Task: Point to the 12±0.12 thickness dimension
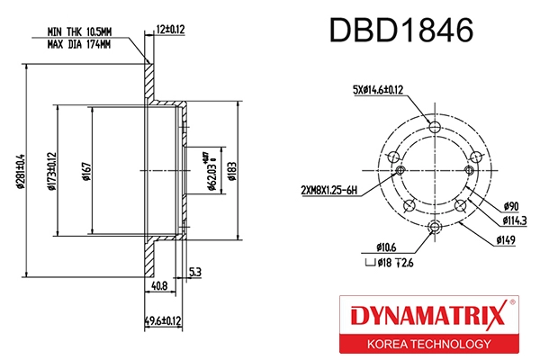coord(170,29)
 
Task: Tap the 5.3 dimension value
coord(194,271)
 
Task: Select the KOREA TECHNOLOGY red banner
coord(427,344)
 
